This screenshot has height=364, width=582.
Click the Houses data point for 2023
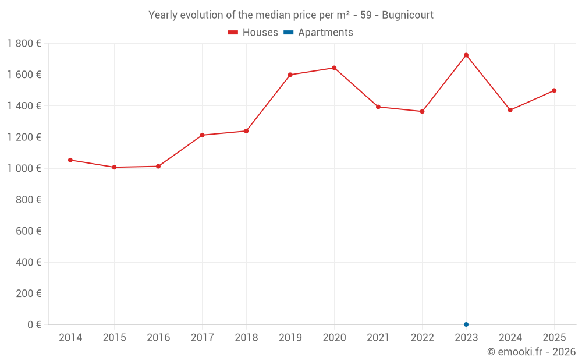(466, 55)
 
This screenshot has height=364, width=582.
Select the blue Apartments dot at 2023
(466, 324)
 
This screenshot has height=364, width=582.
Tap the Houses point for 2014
(70, 160)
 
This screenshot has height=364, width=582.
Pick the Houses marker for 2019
(290, 75)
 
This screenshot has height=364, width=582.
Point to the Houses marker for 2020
(334, 68)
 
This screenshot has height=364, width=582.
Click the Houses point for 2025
(554, 91)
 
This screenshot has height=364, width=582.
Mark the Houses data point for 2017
(202, 135)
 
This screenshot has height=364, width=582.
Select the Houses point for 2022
(422, 111)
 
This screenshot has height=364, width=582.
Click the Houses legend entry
(253, 33)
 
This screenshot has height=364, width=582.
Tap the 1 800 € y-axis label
(24, 44)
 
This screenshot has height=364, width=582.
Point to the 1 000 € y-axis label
(24, 169)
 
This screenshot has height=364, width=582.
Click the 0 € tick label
(34, 325)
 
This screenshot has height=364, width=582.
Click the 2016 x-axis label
(158, 338)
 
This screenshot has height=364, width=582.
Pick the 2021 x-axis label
(378, 338)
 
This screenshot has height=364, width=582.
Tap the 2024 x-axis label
(510, 338)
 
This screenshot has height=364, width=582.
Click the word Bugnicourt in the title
(407, 15)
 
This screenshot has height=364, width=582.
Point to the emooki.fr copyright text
(531, 352)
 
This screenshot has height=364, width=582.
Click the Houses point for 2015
(114, 167)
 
